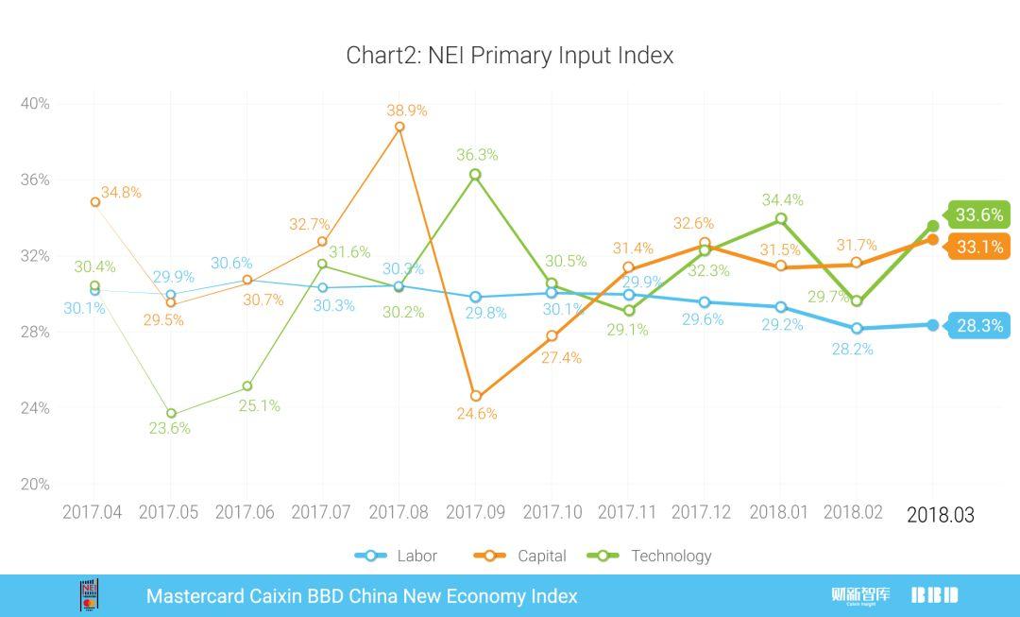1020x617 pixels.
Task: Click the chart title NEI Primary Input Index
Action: pos(510,55)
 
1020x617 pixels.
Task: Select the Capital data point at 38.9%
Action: pos(399,127)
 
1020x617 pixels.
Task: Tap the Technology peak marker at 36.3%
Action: pos(475,175)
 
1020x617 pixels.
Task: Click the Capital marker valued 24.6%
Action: pos(476,397)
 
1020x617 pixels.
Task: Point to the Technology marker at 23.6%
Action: pos(171,414)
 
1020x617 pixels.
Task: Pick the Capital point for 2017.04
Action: pos(94,202)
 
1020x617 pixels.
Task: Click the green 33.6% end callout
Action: pos(978,215)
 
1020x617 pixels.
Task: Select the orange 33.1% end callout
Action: pos(978,248)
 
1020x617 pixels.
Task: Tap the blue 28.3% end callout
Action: pos(978,326)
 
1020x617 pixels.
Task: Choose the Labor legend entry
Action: pos(397,556)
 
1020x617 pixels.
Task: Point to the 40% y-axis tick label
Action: pos(35,103)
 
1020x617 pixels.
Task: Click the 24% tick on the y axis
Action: pos(35,408)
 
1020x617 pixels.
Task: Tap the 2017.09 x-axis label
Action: pos(475,512)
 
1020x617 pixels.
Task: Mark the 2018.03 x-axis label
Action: pos(940,515)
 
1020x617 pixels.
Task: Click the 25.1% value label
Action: pos(259,406)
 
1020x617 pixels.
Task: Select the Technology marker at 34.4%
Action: pos(781,219)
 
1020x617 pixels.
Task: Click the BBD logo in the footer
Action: pos(934,595)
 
